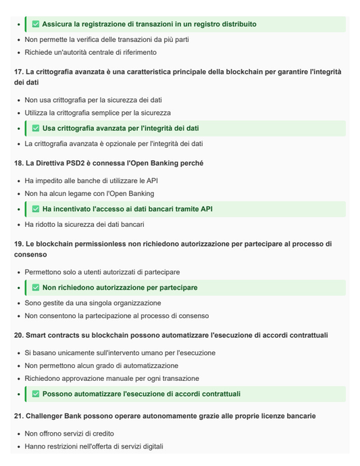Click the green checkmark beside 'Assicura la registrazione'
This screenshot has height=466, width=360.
(36, 24)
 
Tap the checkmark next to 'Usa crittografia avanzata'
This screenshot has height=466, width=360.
(36, 128)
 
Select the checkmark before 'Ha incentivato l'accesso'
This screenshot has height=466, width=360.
(36, 209)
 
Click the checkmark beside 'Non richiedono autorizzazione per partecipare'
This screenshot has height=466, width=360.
(36, 288)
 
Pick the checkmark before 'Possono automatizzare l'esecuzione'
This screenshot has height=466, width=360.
(36, 394)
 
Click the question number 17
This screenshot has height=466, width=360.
(18, 72)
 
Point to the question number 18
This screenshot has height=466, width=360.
(18, 163)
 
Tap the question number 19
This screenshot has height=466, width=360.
(18, 244)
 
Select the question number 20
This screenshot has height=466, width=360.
(18, 336)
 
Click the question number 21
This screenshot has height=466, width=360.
(18, 416)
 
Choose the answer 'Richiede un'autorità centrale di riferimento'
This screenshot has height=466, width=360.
(91, 52)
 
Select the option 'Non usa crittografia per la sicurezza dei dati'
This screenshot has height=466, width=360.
(93, 100)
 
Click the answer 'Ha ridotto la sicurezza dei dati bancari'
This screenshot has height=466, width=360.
(84, 224)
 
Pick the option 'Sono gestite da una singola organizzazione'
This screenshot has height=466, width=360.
(92, 303)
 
